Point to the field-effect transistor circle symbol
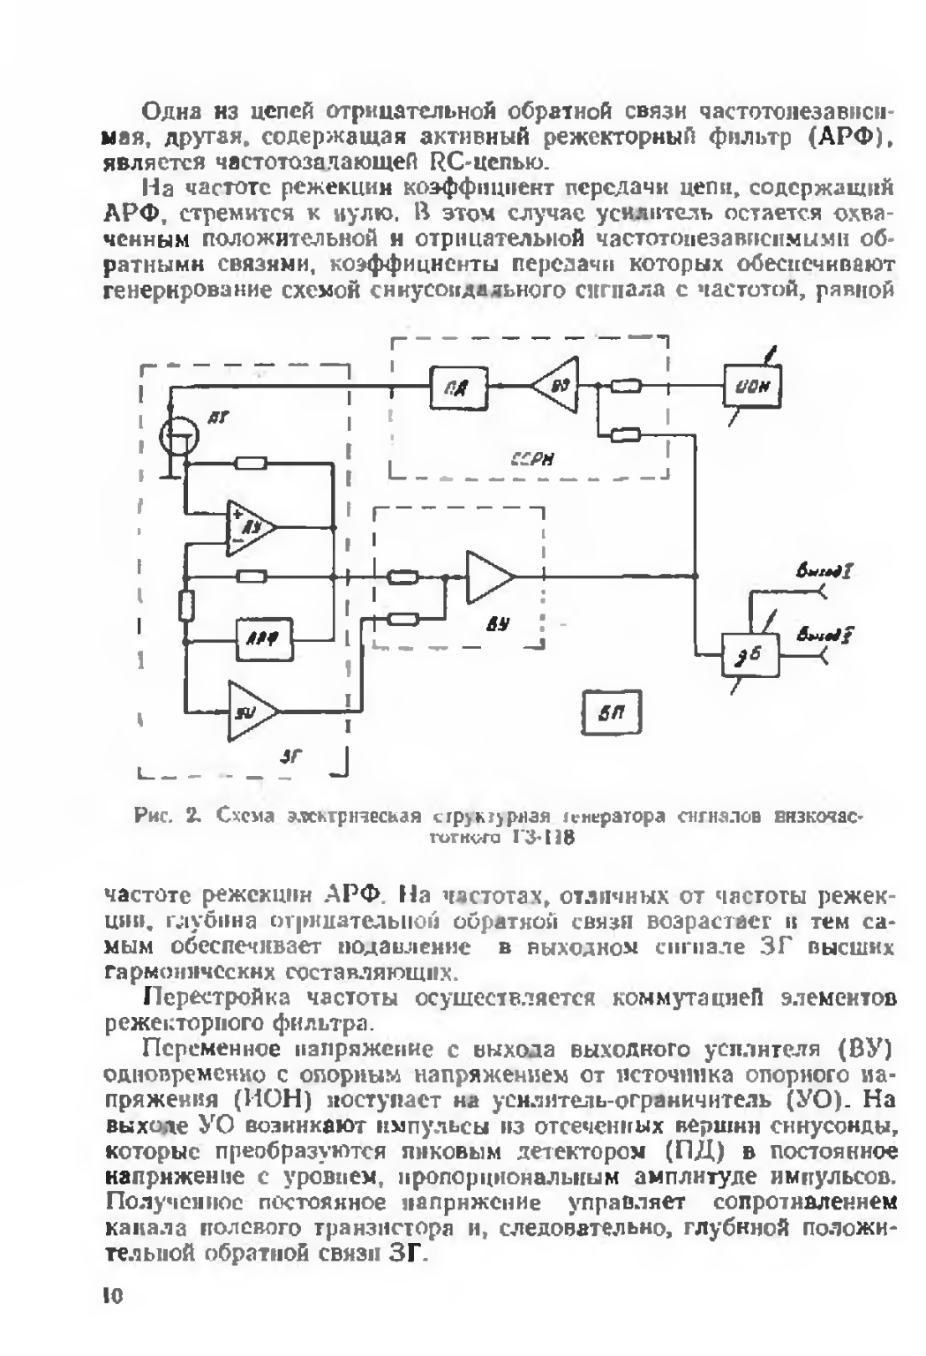pyautogui.click(x=181, y=437)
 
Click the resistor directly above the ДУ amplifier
pyautogui.click(x=253, y=463)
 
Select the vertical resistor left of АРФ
pyautogui.click(x=186, y=606)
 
